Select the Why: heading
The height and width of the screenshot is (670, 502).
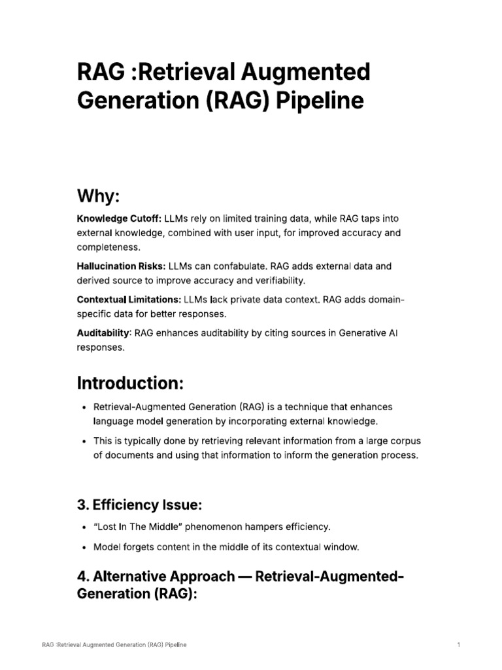98,196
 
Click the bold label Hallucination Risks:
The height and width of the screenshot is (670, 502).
121,266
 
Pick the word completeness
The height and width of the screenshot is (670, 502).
107,247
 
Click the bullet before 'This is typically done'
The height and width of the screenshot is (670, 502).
84,440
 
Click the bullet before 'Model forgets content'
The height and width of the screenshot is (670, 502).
84,546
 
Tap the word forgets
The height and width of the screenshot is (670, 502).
141,546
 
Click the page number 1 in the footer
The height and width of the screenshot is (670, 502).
459,645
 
